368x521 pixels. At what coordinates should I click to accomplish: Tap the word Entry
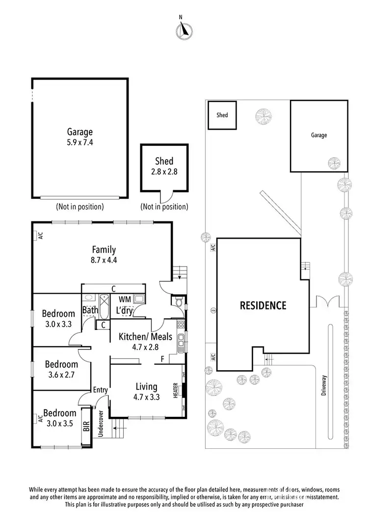[100, 390]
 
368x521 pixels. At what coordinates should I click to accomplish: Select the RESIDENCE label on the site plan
[263, 305]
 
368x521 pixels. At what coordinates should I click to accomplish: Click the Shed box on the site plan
[222, 115]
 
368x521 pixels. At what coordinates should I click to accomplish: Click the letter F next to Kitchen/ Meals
[162, 359]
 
